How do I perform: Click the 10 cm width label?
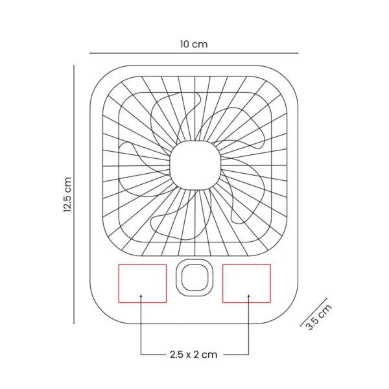(x=194, y=44)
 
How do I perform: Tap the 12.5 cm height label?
(x=67, y=194)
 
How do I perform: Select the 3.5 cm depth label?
(x=318, y=316)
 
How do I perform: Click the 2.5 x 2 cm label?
(x=193, y=354)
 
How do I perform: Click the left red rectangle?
(x=142, y=283)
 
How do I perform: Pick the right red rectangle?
(x=246, y=283)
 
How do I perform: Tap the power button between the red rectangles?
(x=194, y=277)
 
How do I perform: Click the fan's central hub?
(x=194, y=165)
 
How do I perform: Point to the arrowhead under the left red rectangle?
(x=141, y=297)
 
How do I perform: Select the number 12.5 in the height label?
(x=67, y=202)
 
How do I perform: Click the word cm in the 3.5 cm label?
(x=324, y=309)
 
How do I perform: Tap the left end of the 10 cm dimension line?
(x=90, y=53)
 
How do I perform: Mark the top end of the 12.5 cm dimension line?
(x=74, y=65)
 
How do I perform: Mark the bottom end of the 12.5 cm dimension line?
(x=74, y=323)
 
